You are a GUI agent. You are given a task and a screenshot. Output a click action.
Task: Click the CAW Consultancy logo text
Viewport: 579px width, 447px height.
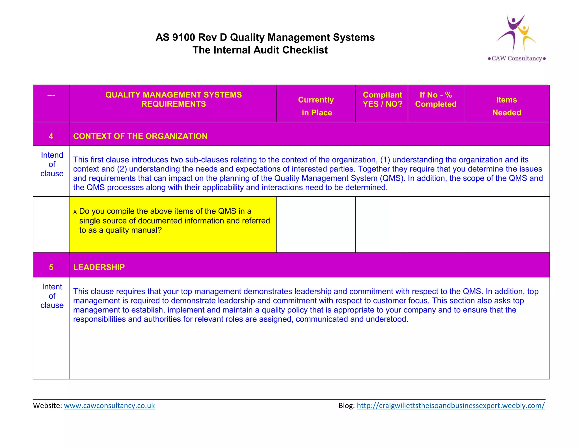coord(517,58)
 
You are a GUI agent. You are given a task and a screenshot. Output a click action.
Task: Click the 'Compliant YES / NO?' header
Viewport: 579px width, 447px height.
coord(382,99)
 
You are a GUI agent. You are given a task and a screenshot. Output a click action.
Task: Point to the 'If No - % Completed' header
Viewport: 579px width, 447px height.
coord(436,99)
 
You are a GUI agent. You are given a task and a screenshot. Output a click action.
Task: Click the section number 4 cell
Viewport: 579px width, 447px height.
coord(51,136)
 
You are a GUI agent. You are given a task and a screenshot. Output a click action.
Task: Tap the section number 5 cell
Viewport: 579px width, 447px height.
coord(51,267)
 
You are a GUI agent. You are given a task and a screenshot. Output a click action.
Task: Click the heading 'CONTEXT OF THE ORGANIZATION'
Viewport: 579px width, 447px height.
coord(140,136)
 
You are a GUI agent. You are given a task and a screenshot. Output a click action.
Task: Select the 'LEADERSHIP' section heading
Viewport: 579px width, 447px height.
coord(99,267)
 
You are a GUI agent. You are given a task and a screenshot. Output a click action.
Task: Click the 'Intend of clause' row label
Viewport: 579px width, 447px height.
coord(52,164)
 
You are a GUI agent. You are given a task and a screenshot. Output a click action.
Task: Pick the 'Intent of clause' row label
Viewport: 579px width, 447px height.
coord(52,296)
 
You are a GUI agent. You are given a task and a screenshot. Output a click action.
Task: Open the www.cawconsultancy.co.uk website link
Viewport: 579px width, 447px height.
coord(109,405)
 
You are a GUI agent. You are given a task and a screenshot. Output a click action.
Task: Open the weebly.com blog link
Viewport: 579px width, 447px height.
coord(450,405)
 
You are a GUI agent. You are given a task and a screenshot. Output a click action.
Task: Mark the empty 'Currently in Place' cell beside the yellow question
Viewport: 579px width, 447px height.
coord(316,224)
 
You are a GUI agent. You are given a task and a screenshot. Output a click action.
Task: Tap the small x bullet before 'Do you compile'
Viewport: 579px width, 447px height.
coord(75,212)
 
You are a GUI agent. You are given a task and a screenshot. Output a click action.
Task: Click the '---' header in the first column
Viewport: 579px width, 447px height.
coord(51,95)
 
